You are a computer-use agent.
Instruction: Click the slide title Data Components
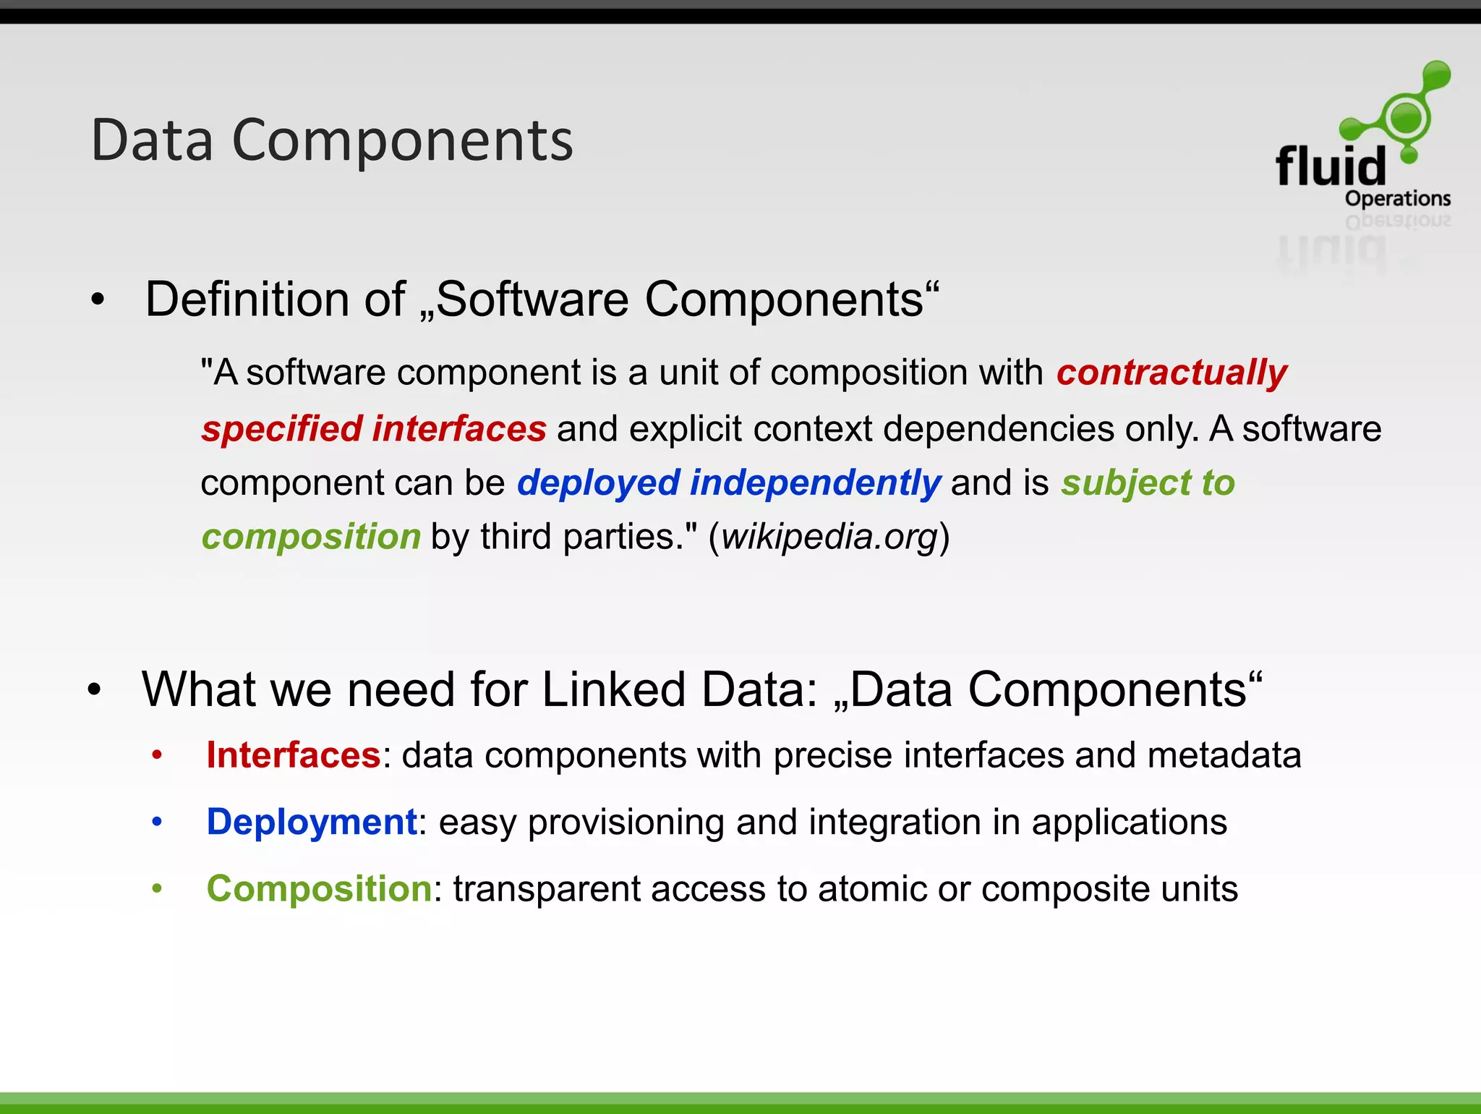pos(332,140)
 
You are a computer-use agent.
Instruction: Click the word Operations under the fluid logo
pos(1397,198)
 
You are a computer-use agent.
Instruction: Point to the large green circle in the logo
pos(1406,117)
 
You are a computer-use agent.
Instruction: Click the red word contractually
pos(1171,373)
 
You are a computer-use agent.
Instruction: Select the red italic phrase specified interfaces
pos(374,428)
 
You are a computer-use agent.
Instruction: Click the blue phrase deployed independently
pos(728,482)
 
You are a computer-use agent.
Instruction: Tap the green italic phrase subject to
pos(1148,482)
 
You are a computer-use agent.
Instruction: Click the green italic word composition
pos(311,537)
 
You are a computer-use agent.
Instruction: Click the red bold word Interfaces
pos(293,755)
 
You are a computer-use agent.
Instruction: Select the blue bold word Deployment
pos(312,822)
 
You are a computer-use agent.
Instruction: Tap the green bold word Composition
pos(319,888)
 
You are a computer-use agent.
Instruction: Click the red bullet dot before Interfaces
pos(157,756)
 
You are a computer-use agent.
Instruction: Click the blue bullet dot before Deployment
pos(157,822)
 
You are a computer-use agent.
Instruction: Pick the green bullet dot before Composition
pos(157,889)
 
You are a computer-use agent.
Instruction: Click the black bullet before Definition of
pos(98,299)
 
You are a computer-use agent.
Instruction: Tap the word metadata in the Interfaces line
pos(1224,755)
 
